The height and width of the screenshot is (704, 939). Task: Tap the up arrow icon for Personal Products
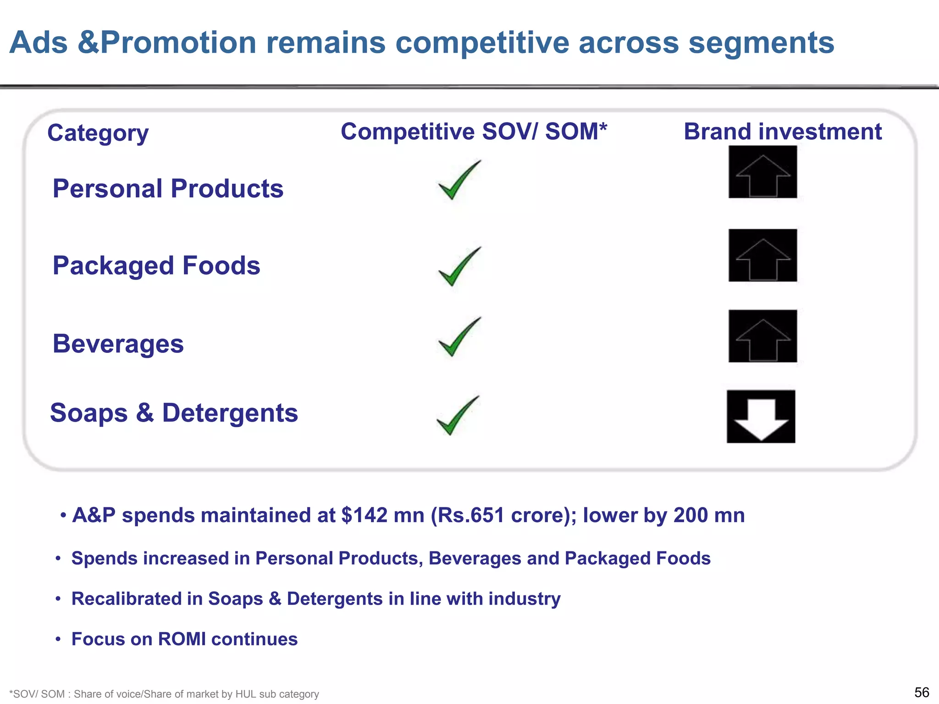coord(763,172)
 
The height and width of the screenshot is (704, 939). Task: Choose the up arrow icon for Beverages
coord(763,336)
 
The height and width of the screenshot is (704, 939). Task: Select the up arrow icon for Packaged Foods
coord(763,256)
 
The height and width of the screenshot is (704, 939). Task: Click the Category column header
coord(98,133)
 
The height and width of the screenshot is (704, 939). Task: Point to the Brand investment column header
coord(783,132)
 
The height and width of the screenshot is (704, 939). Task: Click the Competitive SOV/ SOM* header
coord(474,132)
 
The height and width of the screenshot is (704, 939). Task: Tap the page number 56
coord(922,692)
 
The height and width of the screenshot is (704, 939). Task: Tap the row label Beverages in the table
coord(118,344)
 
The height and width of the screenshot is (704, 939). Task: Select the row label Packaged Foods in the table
coord(156,265)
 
